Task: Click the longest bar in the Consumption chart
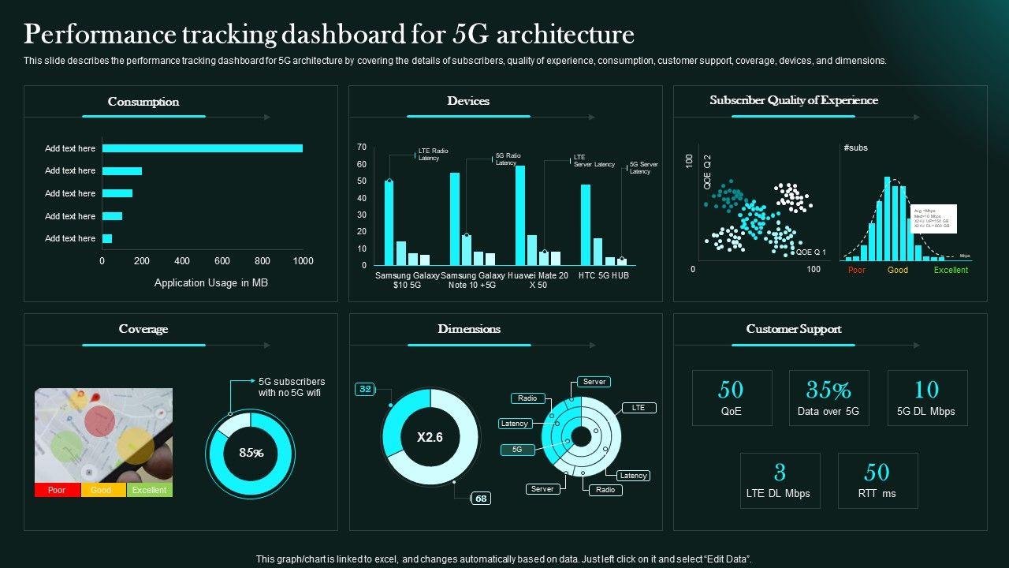pyautogui.click(x=202, y=148)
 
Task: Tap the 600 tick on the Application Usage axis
pyautogui.click(x=222, y=261)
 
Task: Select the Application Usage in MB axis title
pyautogui.click(x=210, y=282)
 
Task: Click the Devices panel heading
pyautogui.click(x=468, y=101)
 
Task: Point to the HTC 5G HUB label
pyautogui.click(x=603, y=275)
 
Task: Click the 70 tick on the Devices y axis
pyautogui.click(x=362, y=148)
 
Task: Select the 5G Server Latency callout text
pyautogui.click(x=643, y=168)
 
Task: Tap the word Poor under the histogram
pyautogui.click(x=857, y=270)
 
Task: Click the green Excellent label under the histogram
pyautogui.click(x=951, y=270)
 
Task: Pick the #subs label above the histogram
pyautogui.click(x=855, y=148)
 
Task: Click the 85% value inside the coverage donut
pyautogui.click(x=251, y=453)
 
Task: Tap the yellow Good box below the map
pyautogui.click(x=102, y=490)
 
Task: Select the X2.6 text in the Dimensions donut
pyautogui.click(x=430, y=437)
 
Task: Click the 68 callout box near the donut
pyautogui.click(x=481, y=499)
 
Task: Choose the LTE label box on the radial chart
pyautogui.click(x=639, y=408)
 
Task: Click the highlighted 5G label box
pyautogui.click(x=517, y=449)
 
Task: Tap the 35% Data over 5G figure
pyautogui.click(x=828, y=390)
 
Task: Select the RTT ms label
pyautogui.click(x=877, y=494)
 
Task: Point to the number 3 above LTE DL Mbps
pyautogui.click(x=780, y=473)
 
